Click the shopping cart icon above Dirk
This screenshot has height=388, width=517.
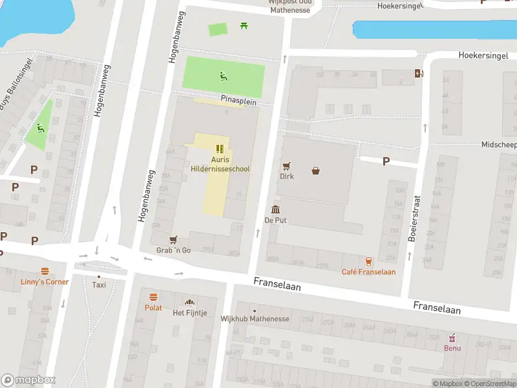click(x=286, y=166)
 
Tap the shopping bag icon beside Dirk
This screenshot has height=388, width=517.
click(x=316, y=171)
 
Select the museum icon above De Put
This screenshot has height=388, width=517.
click(x=276, y=210)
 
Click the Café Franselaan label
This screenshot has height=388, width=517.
click(x=368, y=272)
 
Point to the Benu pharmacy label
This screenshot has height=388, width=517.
click(x=452, y=347)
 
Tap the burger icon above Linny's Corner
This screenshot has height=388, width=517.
click(x=45, y=271)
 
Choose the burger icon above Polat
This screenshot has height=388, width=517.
click(x=154, y=297)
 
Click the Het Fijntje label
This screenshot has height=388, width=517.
click(x=190, y=313)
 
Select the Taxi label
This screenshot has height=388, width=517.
click(x=99, y=285)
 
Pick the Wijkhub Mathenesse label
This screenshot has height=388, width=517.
click(x=255, y=319)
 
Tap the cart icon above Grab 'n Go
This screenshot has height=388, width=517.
click(x=173, y=240)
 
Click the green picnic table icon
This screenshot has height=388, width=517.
click(x=244, y=26)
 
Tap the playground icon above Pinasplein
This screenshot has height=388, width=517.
click(x=223, y=76)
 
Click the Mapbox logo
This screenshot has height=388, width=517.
click(x=28, y=380)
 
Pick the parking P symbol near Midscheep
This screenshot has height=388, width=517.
click(x=386, y=161)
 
